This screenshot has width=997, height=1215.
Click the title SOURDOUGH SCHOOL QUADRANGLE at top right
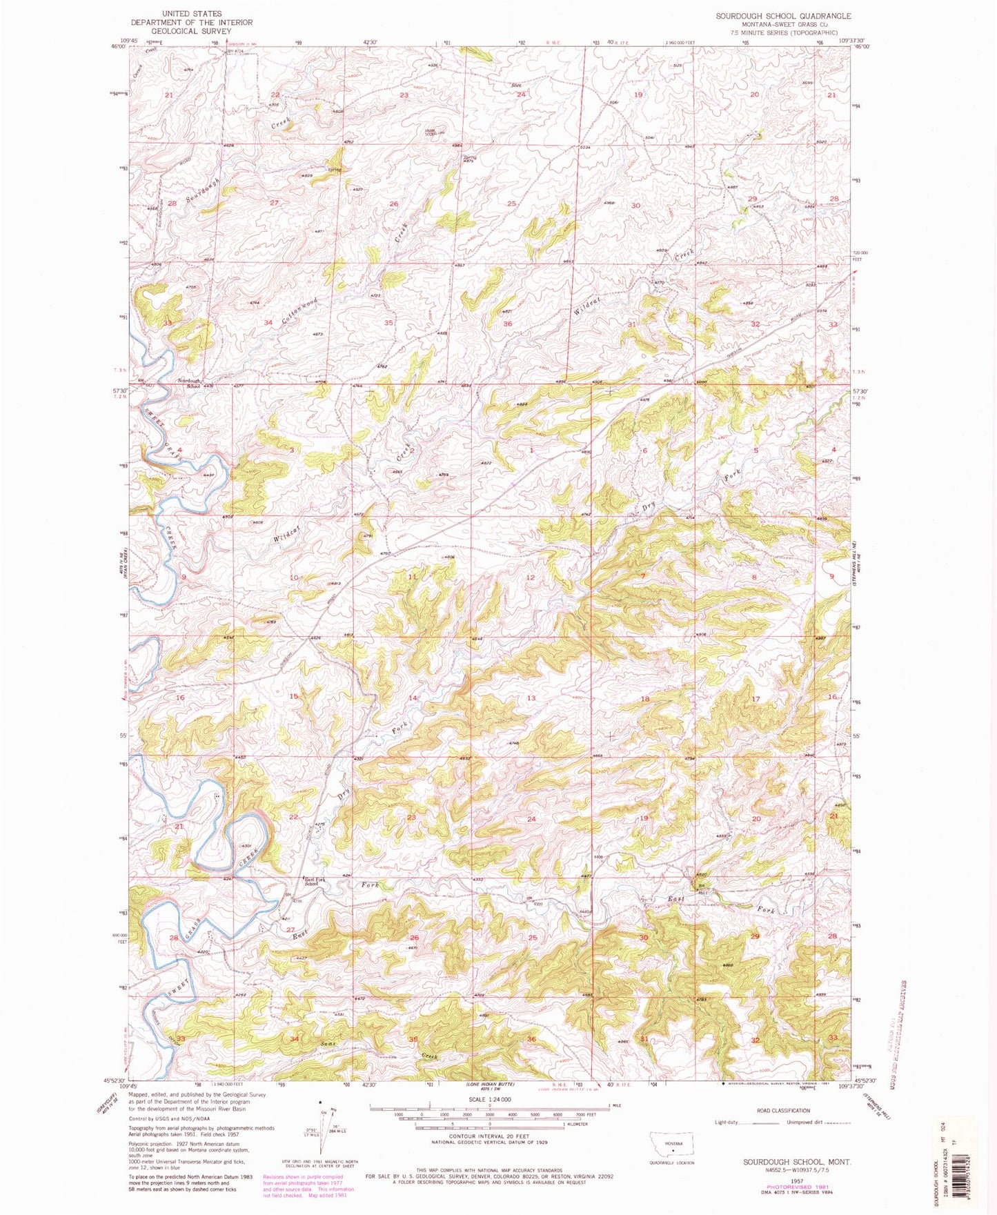(x=783, y=16)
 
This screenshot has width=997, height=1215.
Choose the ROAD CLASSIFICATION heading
(x=783, y=1111)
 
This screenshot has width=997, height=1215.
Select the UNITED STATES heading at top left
(x=192, y=13)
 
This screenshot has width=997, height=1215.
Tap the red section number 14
(x=413, y=698)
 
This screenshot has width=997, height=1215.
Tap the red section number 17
(x=756, y=699)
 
